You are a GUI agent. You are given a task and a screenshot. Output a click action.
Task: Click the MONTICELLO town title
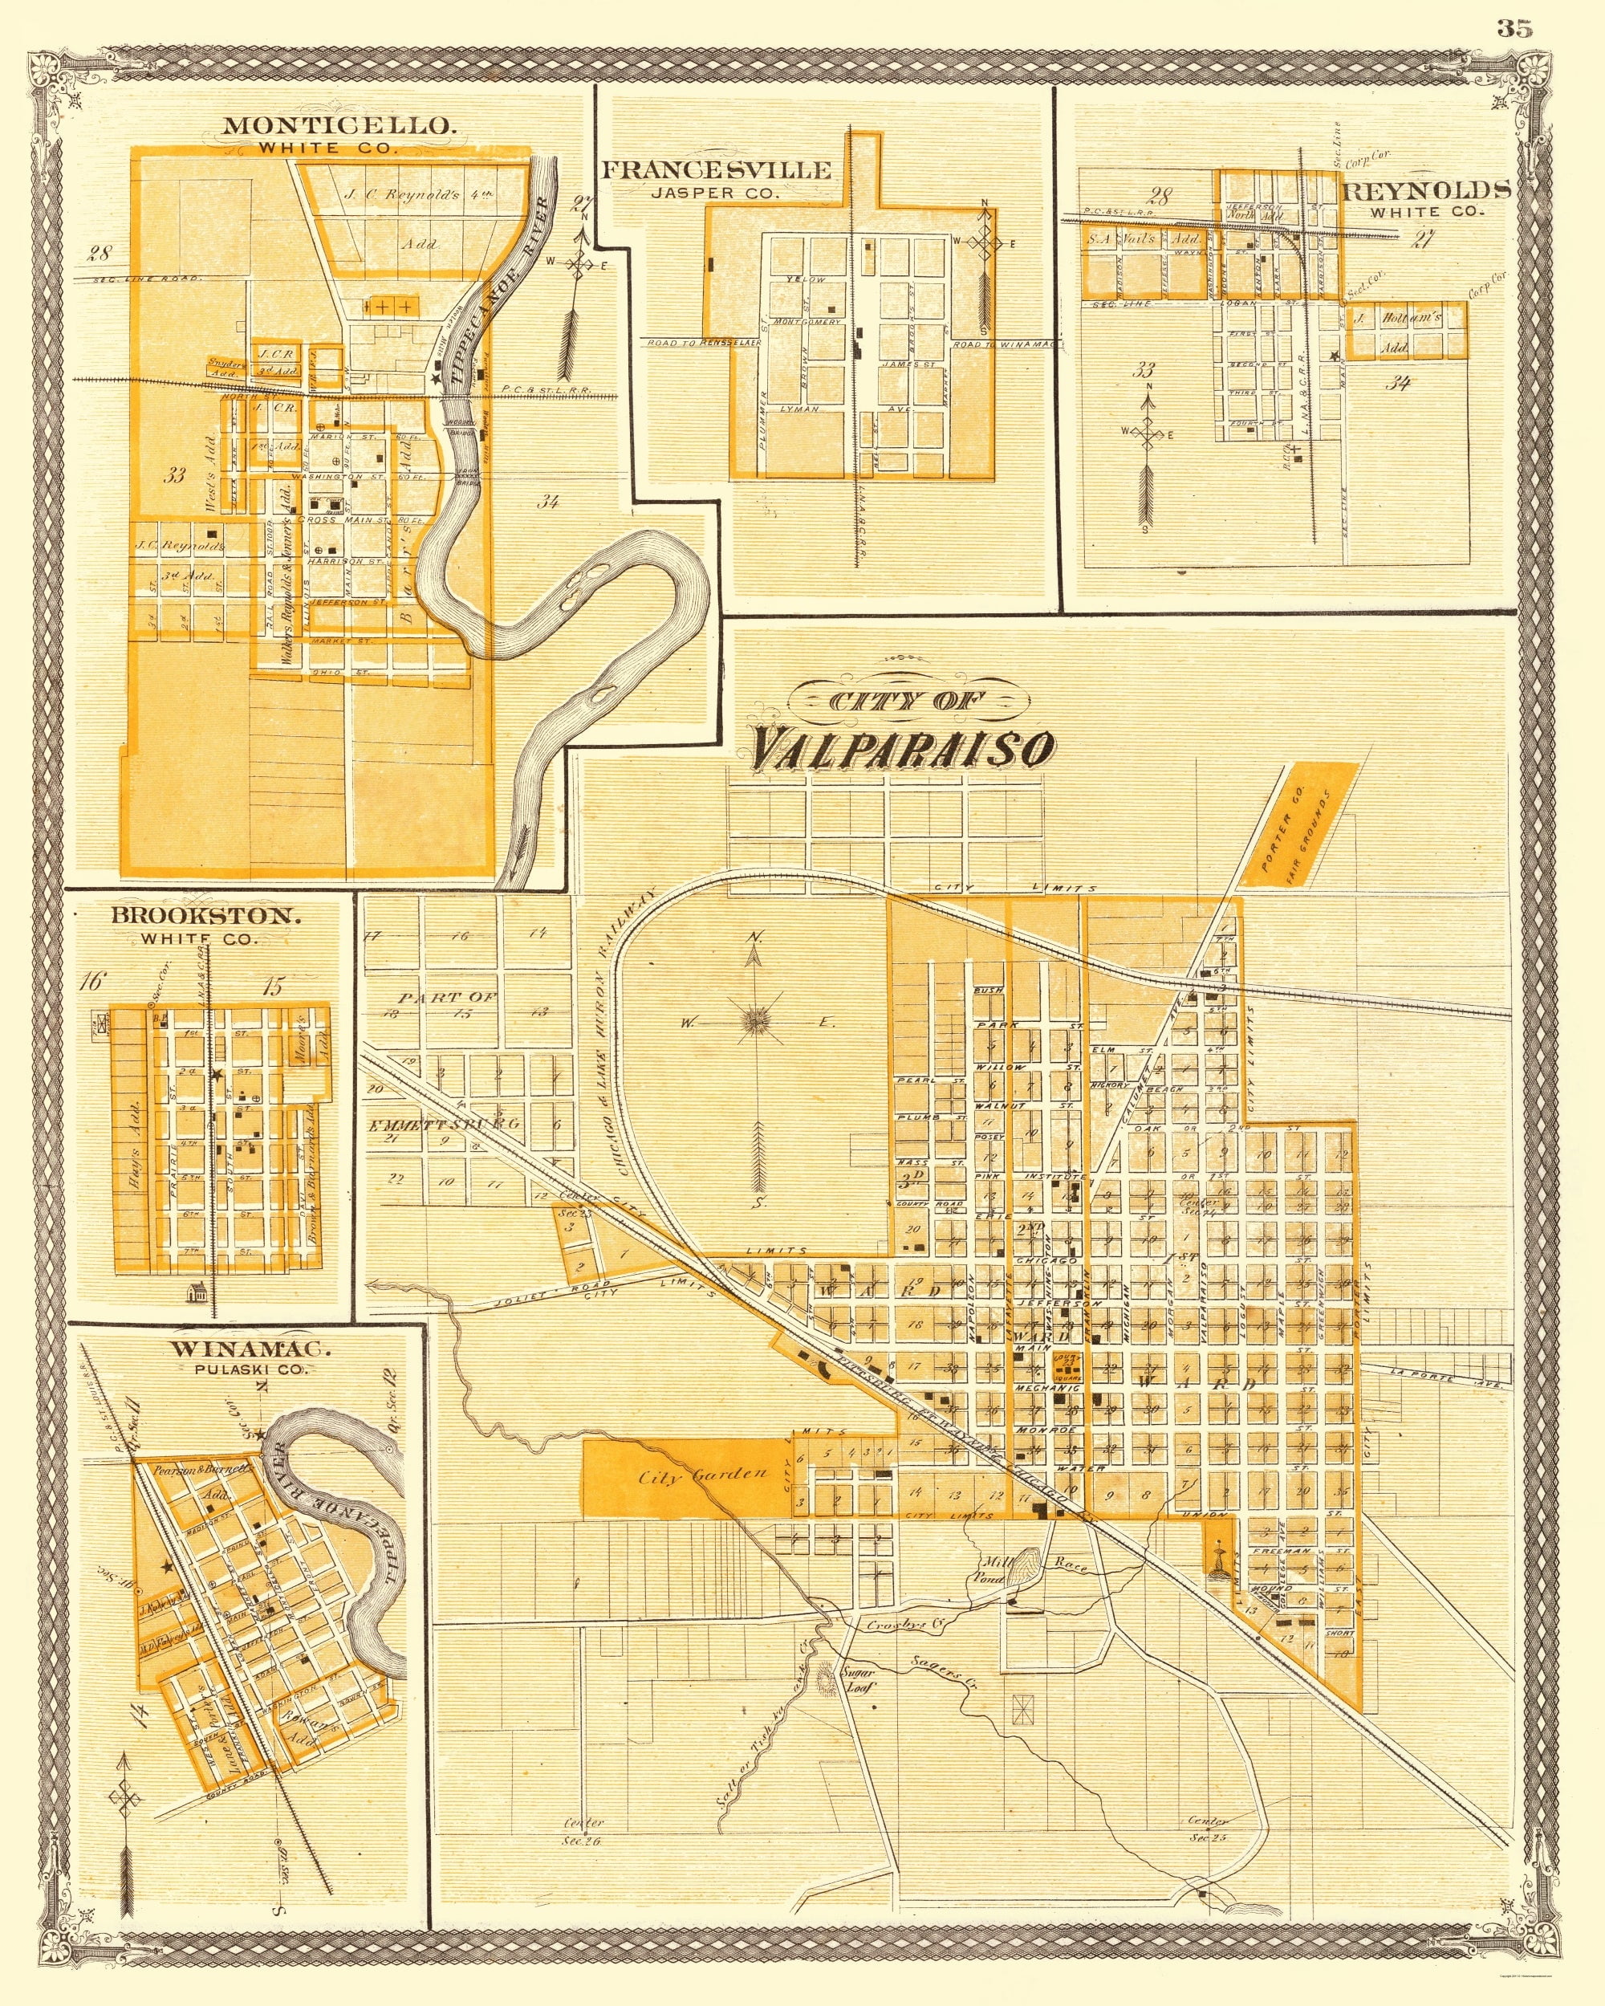(338, 125)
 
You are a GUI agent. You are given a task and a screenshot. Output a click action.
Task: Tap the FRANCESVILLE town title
(716, 169)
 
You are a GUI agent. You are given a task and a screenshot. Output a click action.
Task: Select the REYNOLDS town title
(1425, 189)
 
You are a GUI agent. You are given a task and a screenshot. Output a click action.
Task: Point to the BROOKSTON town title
(205, 914)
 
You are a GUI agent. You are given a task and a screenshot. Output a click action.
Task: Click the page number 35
(1513, 28)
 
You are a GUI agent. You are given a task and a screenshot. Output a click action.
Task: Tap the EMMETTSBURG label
(443, 1124)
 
